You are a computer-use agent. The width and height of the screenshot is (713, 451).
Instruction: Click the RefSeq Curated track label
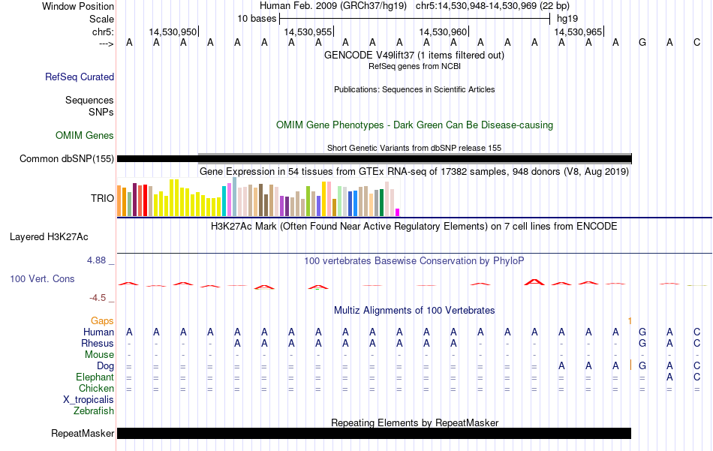80,77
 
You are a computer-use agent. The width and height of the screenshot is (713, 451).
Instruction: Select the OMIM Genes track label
85,136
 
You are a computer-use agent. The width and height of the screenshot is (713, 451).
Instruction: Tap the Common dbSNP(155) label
67,158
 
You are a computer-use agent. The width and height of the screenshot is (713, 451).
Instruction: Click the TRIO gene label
102,198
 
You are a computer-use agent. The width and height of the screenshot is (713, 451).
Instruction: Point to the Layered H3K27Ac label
49,237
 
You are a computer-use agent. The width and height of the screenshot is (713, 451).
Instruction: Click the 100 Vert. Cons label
42,278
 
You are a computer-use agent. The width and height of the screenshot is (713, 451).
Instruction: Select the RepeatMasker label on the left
83,433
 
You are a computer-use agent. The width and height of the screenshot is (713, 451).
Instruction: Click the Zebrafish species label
94,411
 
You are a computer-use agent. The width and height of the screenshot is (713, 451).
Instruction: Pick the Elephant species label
95,377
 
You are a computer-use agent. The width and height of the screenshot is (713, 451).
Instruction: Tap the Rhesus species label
98,343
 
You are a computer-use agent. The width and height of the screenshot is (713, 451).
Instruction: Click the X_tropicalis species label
89,400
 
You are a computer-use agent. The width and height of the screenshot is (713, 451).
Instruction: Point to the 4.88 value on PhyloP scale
96,260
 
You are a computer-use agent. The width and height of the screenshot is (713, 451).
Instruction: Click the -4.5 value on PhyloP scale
98,298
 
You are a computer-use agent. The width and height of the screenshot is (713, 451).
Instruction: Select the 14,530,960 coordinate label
443,32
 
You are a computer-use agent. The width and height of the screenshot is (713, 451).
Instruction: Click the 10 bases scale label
257,19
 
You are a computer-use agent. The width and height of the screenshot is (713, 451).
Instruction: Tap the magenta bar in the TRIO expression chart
398,212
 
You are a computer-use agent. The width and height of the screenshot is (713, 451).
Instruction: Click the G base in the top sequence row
642,43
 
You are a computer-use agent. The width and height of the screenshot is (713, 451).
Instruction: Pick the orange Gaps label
102,321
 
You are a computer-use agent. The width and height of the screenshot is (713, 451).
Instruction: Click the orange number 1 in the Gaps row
630,321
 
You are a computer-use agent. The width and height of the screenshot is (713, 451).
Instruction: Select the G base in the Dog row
642,366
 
